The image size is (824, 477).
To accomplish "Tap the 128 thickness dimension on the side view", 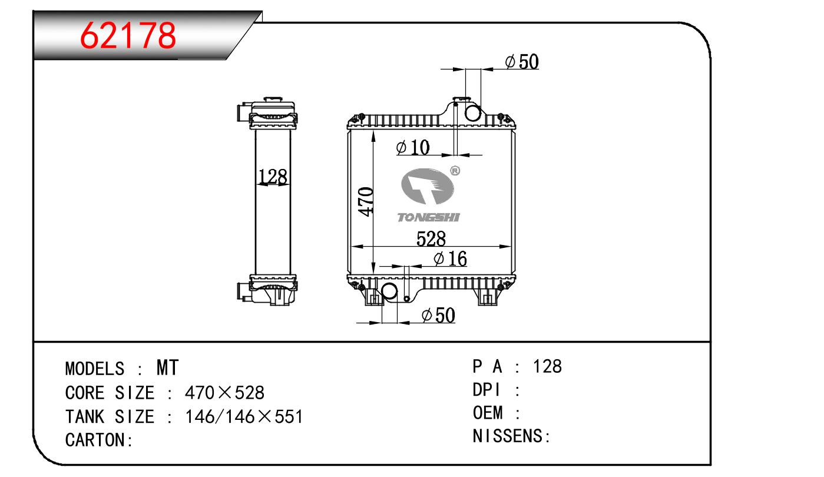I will (x=273, y=176).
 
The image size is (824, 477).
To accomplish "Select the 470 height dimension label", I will (x=366, y=201).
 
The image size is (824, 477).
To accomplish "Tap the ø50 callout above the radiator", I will (x=522, y=61).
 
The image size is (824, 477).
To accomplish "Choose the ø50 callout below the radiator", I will (x=439, y=316).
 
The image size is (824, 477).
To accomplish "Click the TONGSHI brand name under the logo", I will (x=429, y=218).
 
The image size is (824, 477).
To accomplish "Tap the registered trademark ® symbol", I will (x=455, y=171).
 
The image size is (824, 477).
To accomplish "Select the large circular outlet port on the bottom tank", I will (x=389, y=291).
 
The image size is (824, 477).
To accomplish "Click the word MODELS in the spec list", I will (x=94, y=369).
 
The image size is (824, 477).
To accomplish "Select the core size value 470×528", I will (x=224, y=392).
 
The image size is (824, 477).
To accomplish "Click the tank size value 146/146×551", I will (x=244, y=416).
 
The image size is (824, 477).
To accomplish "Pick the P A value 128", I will (x=547, y=366).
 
